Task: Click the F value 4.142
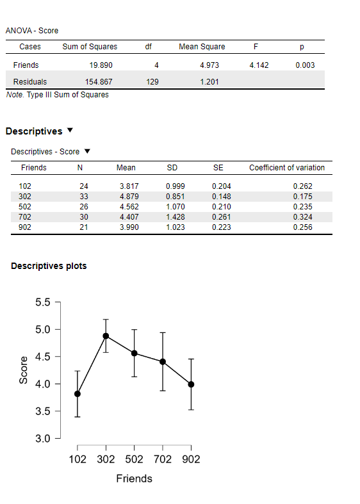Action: pyautogui.click(x=258, y=65)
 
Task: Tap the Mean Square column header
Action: pyautogui.click(x=202, y=47)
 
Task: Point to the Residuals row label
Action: pyautogui.click(x=29, y=81)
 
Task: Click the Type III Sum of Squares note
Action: pyautogui.click(x=57, y=95)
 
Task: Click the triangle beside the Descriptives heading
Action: pyautogui.click(x=70, y=131)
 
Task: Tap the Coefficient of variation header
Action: pyautogui.click(x=287, y=168)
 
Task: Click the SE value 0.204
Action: pyautogui.click(x=220, y=186)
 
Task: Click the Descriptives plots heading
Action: pyautogui.click(x=49, y=266)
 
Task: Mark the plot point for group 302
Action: pyautogui.click(x=106, y=336)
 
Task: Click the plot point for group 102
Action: pyautogui.click(x=78, y=394)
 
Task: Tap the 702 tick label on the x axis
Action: pyautogui.click(x=162, y=459)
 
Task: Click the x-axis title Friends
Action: pyautogui.click(x=134, y=478)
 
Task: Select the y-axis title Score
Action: pyautogui.click(x=24, y=370)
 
